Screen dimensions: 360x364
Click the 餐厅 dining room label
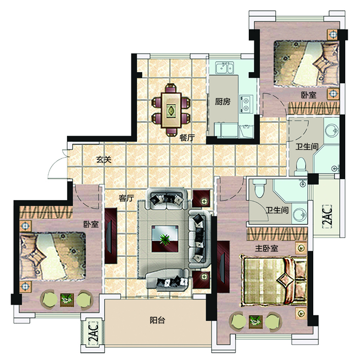187,138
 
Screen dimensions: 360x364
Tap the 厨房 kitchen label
222,102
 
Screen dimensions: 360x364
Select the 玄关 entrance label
104,159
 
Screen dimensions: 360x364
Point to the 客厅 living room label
126,198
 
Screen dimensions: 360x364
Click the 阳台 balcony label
157,320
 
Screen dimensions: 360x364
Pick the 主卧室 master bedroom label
267,248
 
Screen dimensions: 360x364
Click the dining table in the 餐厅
171,110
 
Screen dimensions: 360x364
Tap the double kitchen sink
224,68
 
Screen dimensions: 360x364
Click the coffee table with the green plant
165,239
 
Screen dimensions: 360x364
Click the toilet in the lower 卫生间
259,188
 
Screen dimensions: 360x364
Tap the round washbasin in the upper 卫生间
332,130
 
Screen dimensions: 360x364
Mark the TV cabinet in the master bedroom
223,267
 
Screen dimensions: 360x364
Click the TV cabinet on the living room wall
111,236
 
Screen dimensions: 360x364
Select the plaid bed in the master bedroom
274,280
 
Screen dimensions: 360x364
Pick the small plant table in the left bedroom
67,300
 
